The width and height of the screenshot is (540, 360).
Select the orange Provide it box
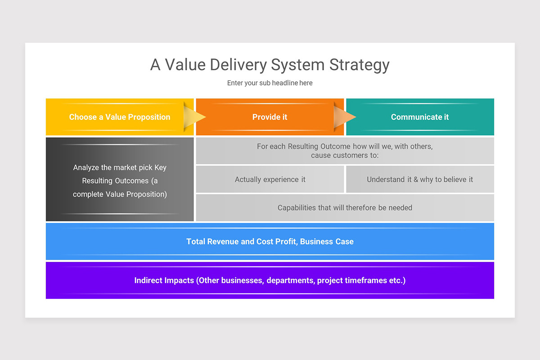pos(270,117)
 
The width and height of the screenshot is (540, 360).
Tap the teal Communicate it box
pos(420,117)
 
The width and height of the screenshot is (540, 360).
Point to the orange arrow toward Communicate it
pos(345,117)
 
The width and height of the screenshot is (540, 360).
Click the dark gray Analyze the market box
pos(120,180)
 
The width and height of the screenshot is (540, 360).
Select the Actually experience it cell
pos(270,180)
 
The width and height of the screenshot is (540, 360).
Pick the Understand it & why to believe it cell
pos(420,180)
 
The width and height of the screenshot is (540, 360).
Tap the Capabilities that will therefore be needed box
pos(345,208)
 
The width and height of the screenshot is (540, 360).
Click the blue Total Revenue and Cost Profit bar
pos(270,242)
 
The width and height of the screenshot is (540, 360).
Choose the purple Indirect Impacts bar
pos(270,280)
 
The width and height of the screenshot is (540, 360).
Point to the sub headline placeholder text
pos(270,83)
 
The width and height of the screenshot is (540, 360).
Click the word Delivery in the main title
pos(234,65)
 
